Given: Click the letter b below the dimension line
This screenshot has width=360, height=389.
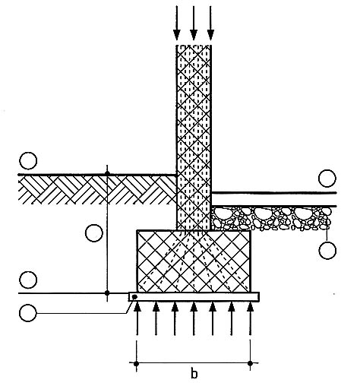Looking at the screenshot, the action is [x=194, y=374].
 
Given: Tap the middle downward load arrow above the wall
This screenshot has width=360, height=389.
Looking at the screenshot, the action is [x=194, y=23].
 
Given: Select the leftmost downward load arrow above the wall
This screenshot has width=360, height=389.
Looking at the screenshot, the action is [x=177, y=23].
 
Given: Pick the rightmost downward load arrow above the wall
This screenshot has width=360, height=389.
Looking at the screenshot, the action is [x=210, y=23].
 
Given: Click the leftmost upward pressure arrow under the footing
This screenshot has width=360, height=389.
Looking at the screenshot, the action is [x=137, y=318].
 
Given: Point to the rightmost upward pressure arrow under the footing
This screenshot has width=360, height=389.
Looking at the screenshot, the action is [x=250, y=318].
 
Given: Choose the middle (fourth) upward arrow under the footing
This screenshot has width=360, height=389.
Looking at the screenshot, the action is [x=194, y=318].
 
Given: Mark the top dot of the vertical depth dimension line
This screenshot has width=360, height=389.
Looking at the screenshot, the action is [x=107, y=173].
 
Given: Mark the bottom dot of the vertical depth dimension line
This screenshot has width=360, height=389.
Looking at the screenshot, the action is [x=107, y=293].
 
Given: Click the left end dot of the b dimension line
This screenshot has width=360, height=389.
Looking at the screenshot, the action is [x=137, y=364].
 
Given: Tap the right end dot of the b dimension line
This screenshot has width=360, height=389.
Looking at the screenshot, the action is [x=250, y=364].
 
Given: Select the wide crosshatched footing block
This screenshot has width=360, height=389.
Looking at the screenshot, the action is [x=194, y=261].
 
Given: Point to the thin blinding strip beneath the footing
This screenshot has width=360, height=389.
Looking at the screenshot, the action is [x=194, y=297].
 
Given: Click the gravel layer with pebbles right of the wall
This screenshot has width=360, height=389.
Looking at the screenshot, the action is [x=271, y=218].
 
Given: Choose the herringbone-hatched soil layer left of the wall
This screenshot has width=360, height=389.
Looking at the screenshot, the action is [x=97, y=190].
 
